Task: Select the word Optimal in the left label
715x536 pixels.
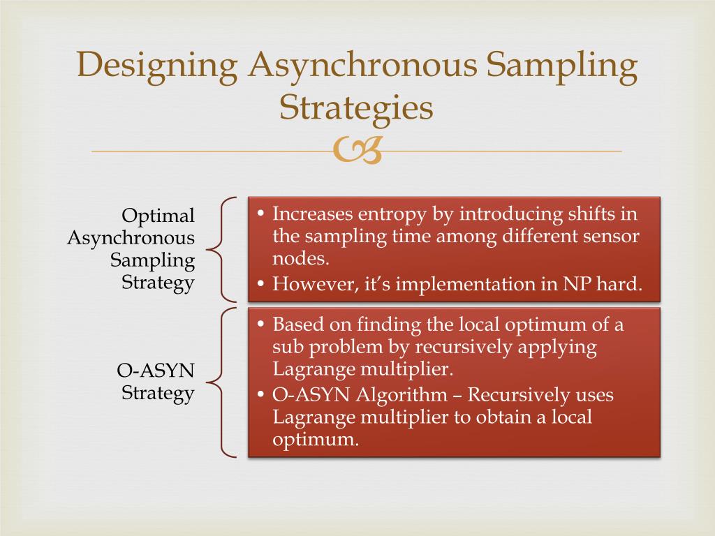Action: [x=159, y=216]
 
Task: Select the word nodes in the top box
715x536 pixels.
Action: [x=300, y=259]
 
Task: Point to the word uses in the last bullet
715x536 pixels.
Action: [x=594, y=395]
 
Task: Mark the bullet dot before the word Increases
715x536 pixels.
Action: [x=260, y=214]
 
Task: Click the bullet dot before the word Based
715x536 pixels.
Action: [x=260, y=325]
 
